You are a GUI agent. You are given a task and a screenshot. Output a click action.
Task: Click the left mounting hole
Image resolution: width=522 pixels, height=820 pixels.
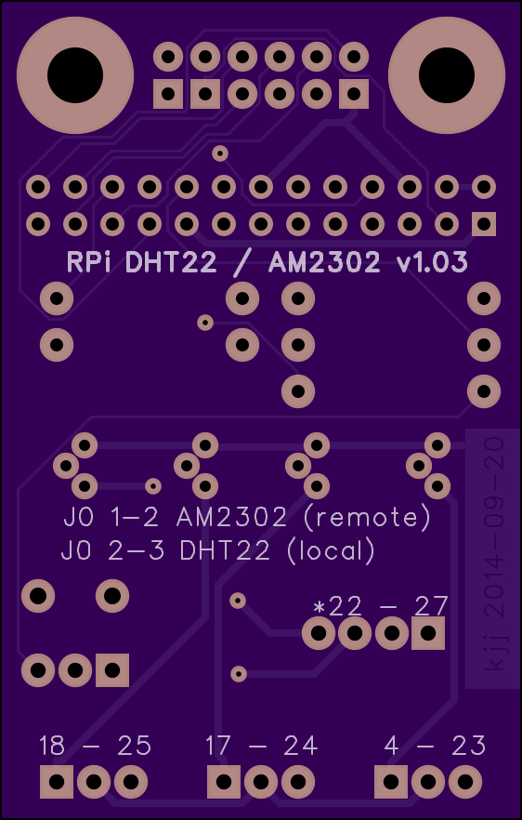[x=75, y=74]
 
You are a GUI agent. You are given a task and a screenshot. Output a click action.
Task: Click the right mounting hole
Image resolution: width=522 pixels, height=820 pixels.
[x=447, y=74]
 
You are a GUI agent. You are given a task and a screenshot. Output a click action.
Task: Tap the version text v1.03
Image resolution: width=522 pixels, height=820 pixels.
[x=432, y=262]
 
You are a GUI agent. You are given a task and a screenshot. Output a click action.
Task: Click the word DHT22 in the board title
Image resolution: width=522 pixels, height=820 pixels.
[x=171, y=262]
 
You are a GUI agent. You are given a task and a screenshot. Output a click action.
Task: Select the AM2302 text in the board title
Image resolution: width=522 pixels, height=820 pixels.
[x=324, y=262]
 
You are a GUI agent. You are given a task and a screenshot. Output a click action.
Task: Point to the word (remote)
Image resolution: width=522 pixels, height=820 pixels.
[x=367, y=517]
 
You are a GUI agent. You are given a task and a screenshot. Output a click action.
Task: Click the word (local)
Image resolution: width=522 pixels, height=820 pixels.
[x=331, y=550]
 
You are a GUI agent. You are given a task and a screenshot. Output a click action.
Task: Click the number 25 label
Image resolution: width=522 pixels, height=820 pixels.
[x=135, y=746]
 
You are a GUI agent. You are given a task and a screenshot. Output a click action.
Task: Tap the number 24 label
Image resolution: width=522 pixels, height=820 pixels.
[x=301, y=746]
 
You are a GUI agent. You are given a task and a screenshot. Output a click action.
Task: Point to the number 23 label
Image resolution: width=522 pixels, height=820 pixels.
[x=468, y=746]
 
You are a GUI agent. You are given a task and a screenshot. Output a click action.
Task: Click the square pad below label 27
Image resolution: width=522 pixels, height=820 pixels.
[x=428, y=633]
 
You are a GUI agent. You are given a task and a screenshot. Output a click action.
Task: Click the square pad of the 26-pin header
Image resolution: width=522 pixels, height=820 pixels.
[x=484, y=224]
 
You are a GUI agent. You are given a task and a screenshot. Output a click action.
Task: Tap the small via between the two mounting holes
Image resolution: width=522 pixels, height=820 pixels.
[x=220, y=153]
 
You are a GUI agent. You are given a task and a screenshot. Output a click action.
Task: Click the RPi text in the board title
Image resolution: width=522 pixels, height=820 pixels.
[x=89, y=262]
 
